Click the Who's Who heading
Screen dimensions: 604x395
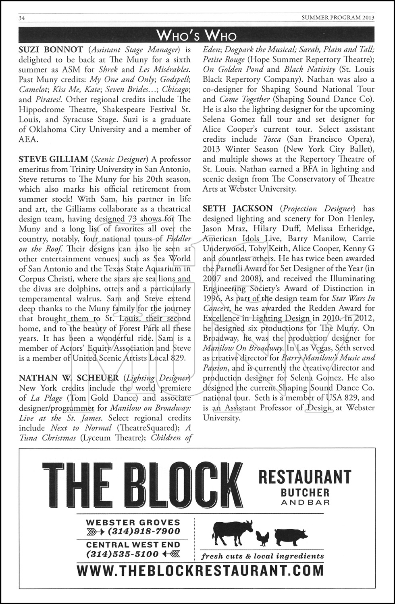197,35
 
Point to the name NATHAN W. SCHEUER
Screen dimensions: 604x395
69,378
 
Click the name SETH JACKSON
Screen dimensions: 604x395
237,209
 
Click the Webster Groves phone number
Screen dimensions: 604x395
143,532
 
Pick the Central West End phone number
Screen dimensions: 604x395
123,554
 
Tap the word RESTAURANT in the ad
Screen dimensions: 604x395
304,477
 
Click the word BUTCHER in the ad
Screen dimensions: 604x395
305,492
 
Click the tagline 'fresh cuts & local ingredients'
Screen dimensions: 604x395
262,556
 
